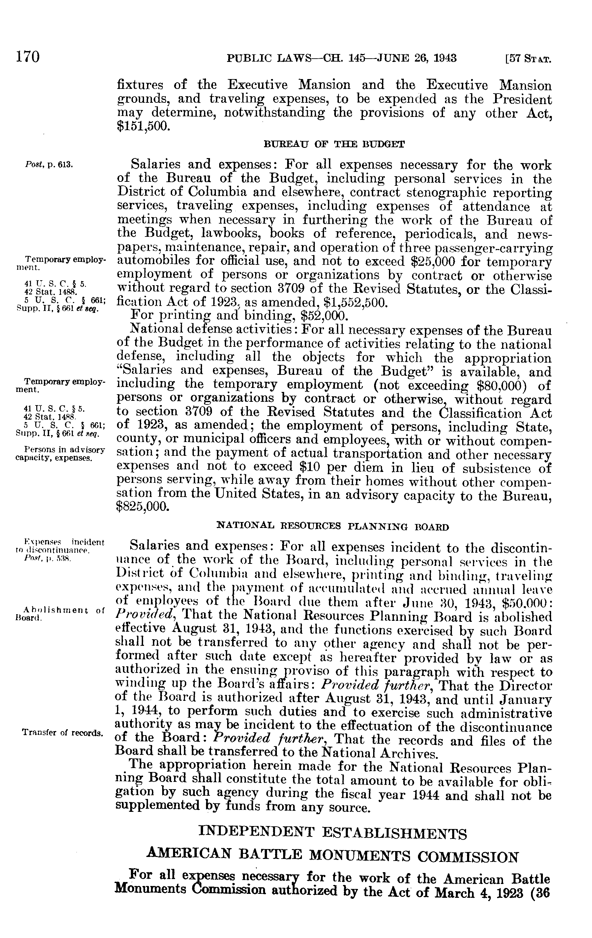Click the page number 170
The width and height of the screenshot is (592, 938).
(28, 58)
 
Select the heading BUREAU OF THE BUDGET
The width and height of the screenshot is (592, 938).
(335, 145)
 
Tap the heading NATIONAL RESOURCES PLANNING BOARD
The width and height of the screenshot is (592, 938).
(333, 527)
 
